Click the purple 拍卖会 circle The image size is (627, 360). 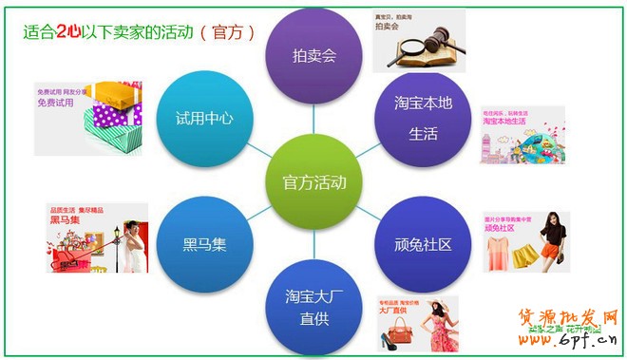click(x=314, y=54)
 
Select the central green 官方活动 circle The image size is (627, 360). click(x=314, y=181)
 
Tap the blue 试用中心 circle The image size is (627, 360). click(x=204, y=119)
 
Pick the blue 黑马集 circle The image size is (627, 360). click(x=204, y=245)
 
